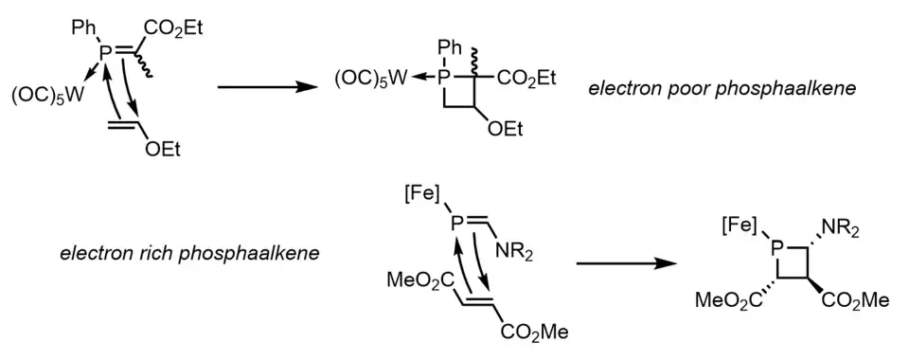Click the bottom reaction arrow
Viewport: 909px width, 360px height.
click(626, 263)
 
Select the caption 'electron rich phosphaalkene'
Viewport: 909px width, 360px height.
click(189, 253)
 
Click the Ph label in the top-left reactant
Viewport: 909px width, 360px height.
click(84, 27)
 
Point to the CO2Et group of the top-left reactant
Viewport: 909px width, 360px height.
click(175, 27)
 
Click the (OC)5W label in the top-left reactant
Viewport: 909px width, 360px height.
click(47, 95)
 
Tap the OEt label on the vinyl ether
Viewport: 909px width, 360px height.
click(163, 150)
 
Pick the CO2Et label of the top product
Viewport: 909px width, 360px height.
click(526, 79)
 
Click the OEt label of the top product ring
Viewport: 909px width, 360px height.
click(505, 129)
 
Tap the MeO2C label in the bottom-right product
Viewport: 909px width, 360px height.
click(729, 301)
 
